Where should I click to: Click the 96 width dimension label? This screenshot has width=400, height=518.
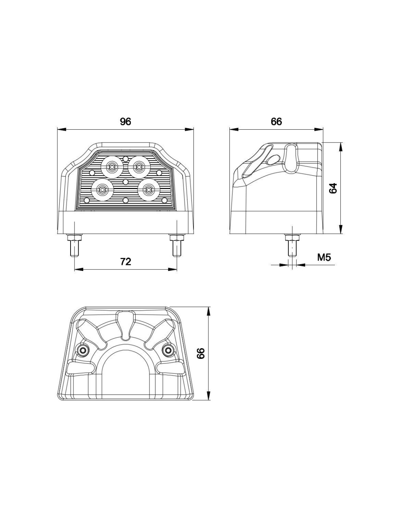125,122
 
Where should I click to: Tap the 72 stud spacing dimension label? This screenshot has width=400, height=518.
125,262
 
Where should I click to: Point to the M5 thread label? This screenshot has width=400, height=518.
324,257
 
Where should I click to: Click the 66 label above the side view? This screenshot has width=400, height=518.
276,122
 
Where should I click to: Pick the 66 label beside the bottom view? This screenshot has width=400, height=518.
201,353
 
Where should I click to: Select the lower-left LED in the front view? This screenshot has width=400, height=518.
102,189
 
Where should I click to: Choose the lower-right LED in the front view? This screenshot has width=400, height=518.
149,189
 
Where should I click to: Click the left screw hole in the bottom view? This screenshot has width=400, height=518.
83,350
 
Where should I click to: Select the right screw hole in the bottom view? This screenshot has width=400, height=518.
168,350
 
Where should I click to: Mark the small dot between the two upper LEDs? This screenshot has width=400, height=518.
125,158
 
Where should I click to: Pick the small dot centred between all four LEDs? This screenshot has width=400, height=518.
125,182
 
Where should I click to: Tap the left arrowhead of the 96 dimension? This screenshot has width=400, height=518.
61,129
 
